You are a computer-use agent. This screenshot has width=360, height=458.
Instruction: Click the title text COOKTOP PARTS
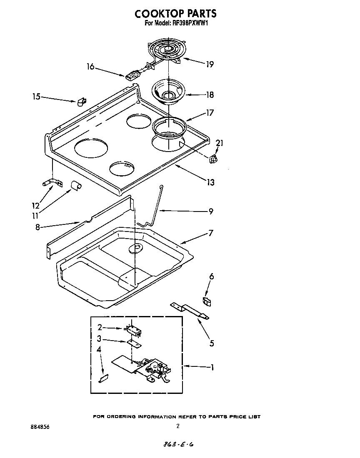coord(175,14)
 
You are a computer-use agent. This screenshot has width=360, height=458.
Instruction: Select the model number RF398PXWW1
coord(190,24)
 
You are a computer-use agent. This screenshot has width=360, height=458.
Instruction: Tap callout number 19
coord(210,64)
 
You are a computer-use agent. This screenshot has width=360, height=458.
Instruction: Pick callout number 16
coord(90,67)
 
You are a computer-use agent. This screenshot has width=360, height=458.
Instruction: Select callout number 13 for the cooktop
coord(211,182)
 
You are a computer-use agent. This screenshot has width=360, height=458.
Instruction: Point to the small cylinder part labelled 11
coord(75,185)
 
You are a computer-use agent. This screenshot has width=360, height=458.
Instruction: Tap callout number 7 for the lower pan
coord(211,233)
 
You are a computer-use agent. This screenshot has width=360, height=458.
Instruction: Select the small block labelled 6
coord(206,301)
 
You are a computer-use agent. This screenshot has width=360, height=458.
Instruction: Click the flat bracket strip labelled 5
coord(190,310)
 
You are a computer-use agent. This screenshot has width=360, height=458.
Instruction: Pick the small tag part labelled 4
coord(103,378)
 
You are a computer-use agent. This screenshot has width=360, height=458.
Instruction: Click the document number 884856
coord(40,427)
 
